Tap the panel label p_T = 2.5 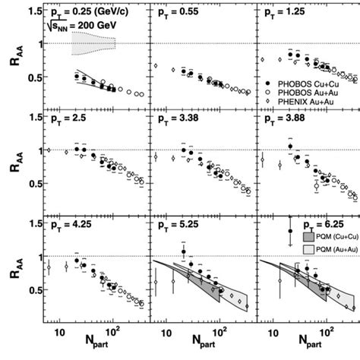click(x=68, y=120)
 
